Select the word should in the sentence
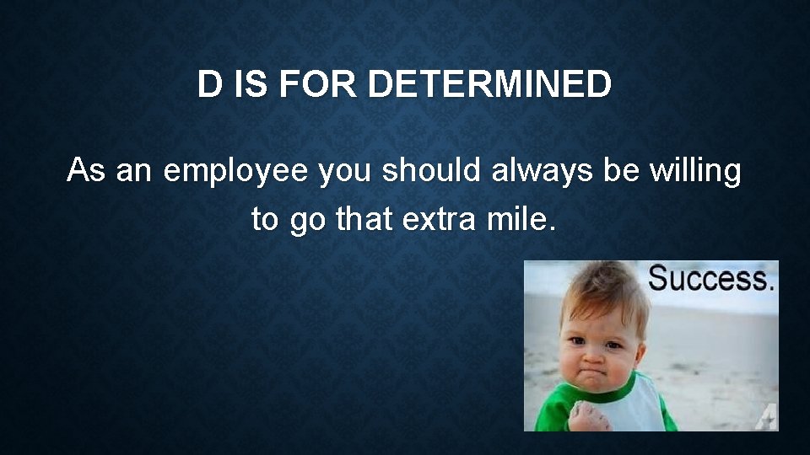[431, 171]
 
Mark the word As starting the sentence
[86, 171]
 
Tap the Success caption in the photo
[710, 279]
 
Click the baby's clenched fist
[585, 415]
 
